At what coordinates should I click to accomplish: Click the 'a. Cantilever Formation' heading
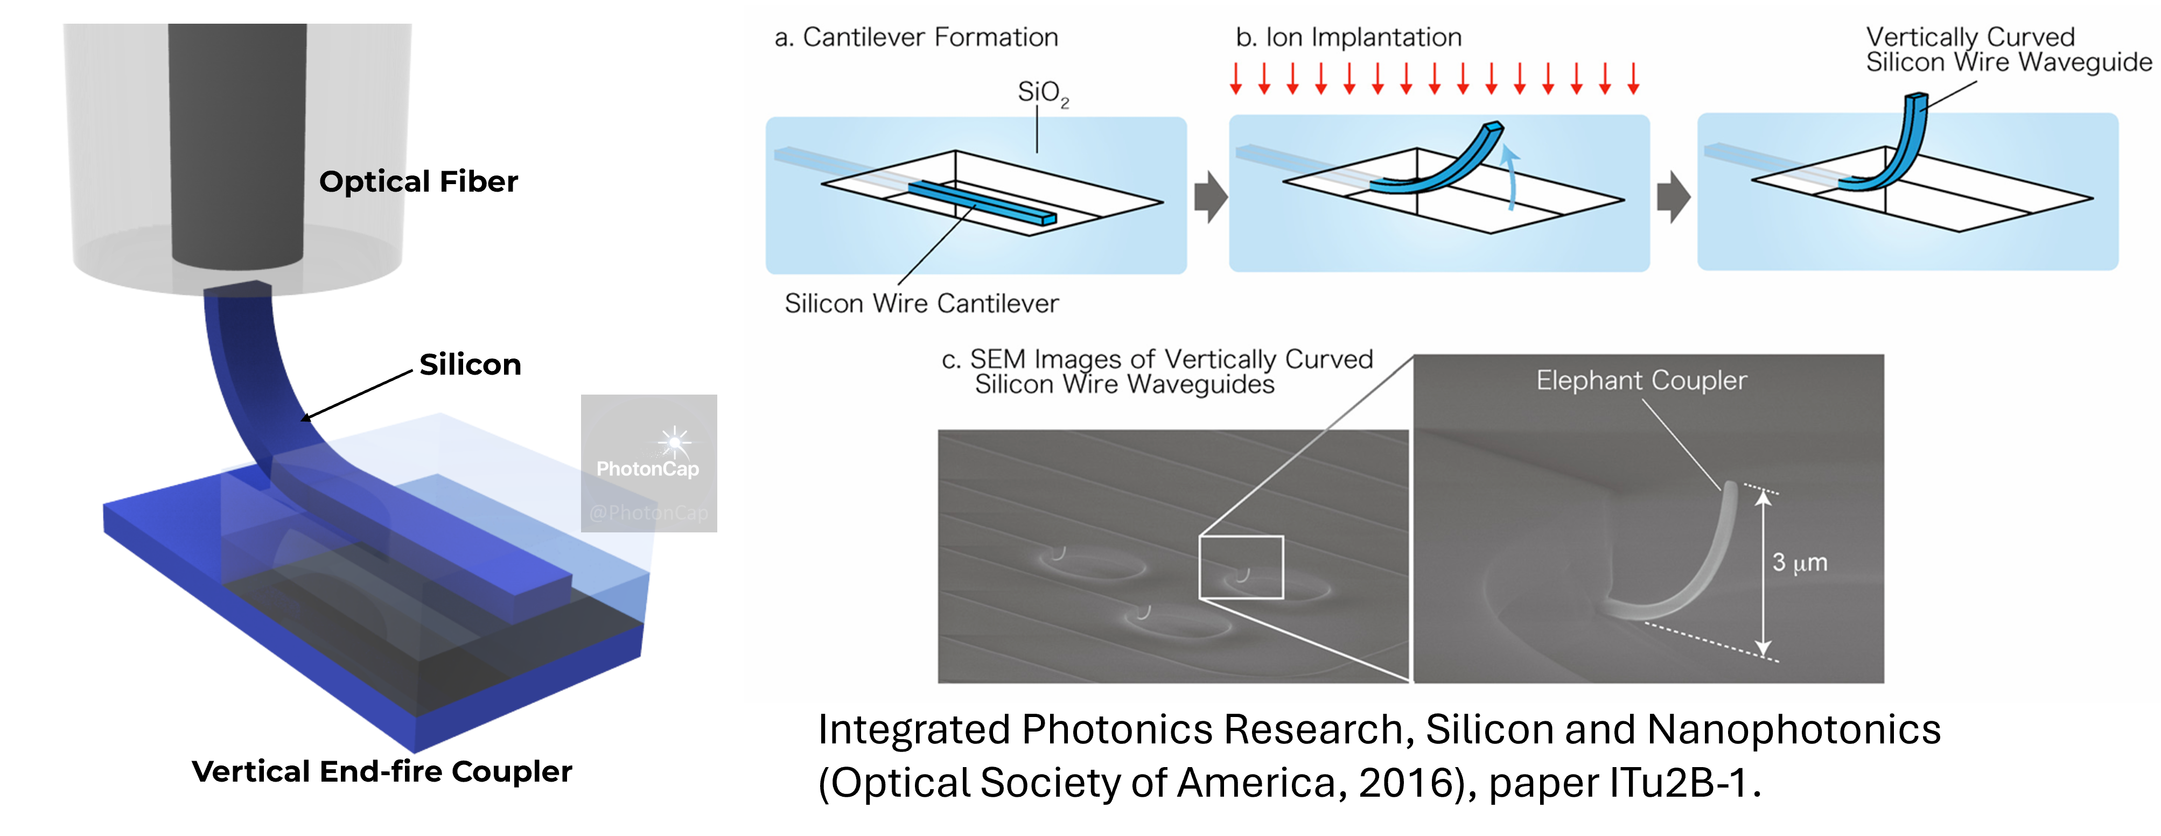tap(916, 38)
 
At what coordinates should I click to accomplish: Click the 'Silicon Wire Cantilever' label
tap(921, 304)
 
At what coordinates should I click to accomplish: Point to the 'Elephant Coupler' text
tap(1641, 381)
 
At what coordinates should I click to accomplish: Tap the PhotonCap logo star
tap(674, 441)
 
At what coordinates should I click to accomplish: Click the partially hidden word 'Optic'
tap(362, 181)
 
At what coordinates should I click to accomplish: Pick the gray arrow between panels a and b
tap(1209, 197)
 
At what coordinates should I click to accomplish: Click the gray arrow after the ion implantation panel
tap(1673, 197)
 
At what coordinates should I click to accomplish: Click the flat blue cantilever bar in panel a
tap(982, 202)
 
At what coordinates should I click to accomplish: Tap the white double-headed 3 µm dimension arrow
tap(1764, 573)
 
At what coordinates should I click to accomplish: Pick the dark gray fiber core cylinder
tap(237, 143)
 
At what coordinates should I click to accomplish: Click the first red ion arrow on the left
tap(1236, 77)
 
